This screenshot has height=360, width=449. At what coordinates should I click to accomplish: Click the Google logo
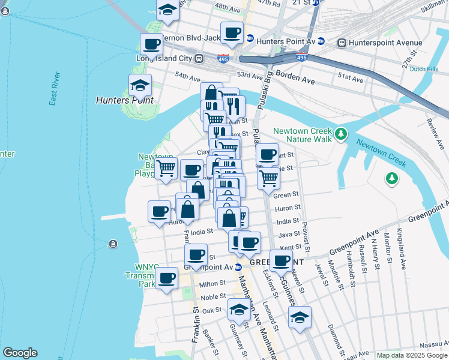[19, 353]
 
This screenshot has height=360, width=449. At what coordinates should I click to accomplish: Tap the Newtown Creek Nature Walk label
[303, 135]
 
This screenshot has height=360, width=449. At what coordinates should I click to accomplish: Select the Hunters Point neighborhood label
[125, 100]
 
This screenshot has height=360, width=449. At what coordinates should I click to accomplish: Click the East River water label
[55, 89]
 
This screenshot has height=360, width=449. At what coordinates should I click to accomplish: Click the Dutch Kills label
[424, 69]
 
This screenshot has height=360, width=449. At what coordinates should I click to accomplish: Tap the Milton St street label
[212, 284]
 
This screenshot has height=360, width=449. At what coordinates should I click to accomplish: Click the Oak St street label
[212, 310]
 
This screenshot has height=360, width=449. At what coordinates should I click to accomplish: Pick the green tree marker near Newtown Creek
[391, 178]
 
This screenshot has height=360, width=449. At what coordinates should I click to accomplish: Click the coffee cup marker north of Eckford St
[280, 260]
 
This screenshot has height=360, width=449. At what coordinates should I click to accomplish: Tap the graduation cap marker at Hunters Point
[140, 85]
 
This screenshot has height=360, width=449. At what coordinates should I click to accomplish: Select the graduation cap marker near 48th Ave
[168, 10]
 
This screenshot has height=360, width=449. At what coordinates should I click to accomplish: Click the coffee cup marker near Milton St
[167, 278]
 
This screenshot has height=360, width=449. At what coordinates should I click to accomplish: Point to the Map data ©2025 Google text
[412, 355]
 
